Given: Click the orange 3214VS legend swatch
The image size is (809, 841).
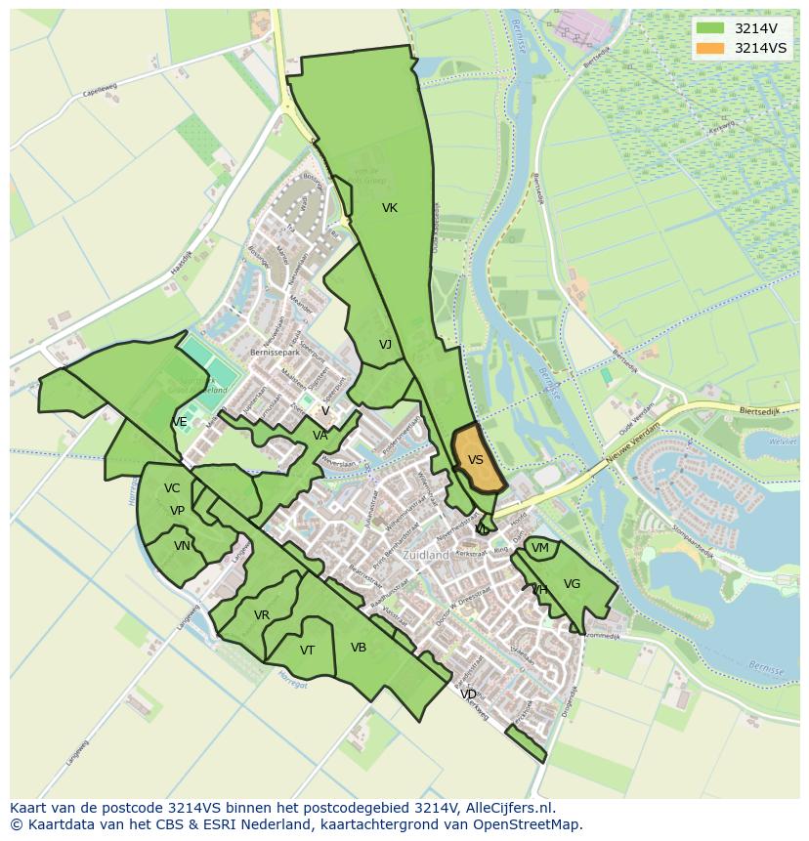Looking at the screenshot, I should (x=711, y=48).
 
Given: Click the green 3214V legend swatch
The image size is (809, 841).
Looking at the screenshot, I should (x=711, y=28).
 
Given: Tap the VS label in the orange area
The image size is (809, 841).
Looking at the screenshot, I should (x=476, y=460).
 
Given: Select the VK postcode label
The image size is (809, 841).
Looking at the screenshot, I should (x=390, y=208).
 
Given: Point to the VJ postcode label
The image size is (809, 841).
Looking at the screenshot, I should (x=385, y=345).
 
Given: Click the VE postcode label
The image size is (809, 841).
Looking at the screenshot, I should (x=180, y=422).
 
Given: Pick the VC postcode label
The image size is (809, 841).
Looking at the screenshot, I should (x=172, y=488).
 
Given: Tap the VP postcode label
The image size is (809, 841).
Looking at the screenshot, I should (x=177, y=511).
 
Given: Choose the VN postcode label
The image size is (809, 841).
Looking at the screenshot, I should (x=182, y=546).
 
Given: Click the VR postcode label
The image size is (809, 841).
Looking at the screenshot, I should (x=261, y=615).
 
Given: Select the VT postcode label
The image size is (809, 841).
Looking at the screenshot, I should (x=307, y=651).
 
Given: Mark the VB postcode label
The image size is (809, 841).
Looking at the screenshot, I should (x=359, y=648).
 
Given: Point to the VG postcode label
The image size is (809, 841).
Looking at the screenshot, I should (x=572, y=584).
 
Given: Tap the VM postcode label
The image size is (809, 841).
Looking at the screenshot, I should (x=539, y=549).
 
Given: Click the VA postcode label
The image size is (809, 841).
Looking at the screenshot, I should (x=320, y=436).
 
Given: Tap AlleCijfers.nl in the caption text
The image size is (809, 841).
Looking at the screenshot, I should (x=507, y=808).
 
